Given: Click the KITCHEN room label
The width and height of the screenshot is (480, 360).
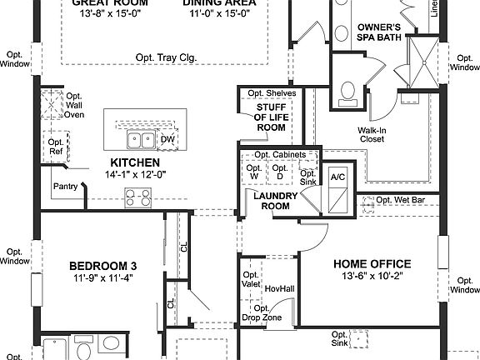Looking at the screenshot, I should (135, 162).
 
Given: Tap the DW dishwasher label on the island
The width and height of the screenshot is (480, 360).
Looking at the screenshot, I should (167, 140).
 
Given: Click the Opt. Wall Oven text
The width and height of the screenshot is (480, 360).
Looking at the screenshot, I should (74, 107).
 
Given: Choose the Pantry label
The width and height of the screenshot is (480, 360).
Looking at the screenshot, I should (66, 186).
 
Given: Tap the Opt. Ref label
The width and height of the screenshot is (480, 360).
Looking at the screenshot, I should (56, 147).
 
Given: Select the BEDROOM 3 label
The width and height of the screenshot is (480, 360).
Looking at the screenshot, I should (102, 266).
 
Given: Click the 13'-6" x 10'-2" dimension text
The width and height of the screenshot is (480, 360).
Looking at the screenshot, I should (372, 277).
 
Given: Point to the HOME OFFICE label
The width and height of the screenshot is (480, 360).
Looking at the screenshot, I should (372, 264).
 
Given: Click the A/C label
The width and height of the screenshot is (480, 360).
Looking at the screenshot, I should (337, 177).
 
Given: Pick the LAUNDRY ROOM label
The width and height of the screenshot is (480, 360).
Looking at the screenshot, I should (272, 200).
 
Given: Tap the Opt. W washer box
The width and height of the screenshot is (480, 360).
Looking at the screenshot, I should (253, 171).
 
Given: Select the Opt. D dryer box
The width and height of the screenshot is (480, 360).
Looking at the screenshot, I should (281, 171).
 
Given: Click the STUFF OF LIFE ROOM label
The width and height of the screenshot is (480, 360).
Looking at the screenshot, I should (270, 117).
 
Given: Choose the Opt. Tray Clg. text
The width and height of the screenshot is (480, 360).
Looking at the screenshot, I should (165, 57).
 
